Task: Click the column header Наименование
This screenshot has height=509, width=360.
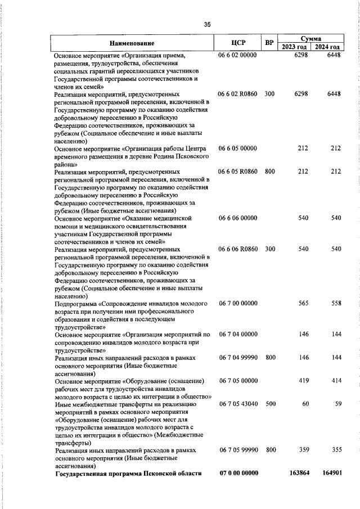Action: [x=132, y=43]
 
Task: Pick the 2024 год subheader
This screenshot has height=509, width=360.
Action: [x=328, y=47]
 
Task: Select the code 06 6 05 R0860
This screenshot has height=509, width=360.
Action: [x=237, y=172]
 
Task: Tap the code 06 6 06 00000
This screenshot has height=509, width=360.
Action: [x=237, y=218]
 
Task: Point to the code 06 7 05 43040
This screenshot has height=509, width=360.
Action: [x=237, y=404]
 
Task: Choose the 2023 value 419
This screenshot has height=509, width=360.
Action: [x=303, y=381]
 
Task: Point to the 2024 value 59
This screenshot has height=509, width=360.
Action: [x=337, y=404]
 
